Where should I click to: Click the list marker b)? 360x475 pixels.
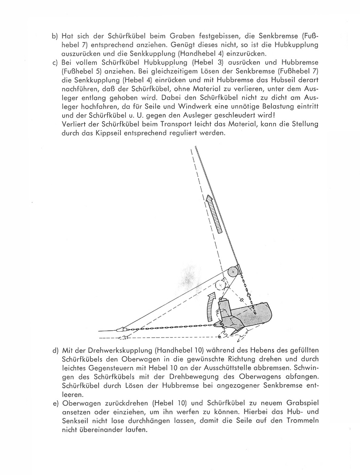tap(54, 36)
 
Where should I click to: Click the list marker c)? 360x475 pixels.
tap(54, 63)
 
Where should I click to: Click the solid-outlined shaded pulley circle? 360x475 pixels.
tap(233, 272)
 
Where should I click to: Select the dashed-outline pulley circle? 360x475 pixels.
tap(220, 285)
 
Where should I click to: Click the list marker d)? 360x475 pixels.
tap(55, 350)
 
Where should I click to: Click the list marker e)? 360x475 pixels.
tap(55, 403)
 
